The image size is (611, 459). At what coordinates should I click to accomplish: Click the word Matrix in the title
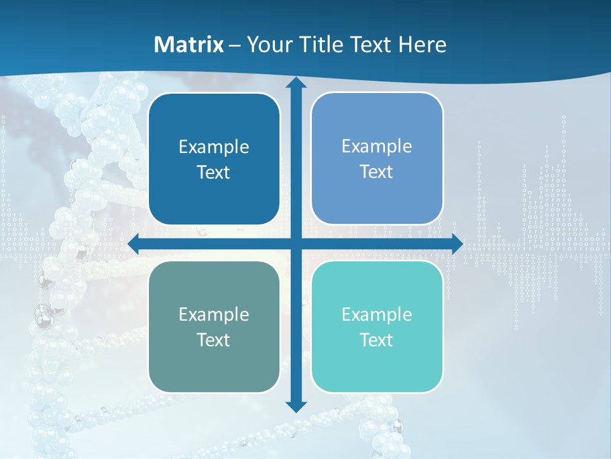(x=189, y=45)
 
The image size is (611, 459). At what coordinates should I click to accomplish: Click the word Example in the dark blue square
(x=214, y=147)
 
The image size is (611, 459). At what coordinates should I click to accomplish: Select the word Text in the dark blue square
(x=214, y=173)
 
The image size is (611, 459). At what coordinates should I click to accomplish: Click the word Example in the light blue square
(x=377, y=147)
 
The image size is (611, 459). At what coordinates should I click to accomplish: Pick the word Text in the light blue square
(x=377, y=172)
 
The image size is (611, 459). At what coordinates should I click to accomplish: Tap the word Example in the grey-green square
(x=214, y=314)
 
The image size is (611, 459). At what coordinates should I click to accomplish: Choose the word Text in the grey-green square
(x=214, y=340)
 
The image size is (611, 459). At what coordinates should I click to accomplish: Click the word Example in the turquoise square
(x=377, y=314)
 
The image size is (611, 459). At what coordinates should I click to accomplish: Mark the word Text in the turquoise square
(x=377, y=340)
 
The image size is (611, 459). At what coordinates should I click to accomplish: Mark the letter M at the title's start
(x=162, y=45)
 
